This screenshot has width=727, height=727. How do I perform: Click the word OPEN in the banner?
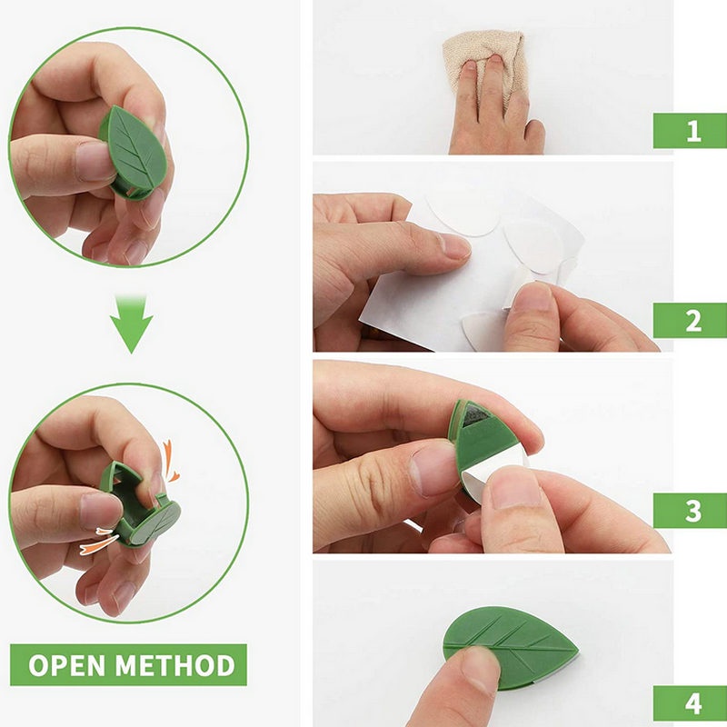[66, 665]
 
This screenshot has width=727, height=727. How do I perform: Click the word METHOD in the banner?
[175, 665]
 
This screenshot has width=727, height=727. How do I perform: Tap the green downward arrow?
[132, 325]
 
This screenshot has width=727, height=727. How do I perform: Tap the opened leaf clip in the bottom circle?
[139, 505]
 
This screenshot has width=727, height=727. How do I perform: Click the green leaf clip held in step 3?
[483, 441]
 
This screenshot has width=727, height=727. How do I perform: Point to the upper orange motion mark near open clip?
[170, 463]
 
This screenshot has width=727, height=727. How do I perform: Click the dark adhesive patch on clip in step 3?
[475, 415]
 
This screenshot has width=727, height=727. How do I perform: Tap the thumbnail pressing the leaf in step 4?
[480, 662]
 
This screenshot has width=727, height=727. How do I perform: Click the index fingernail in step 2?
[453, 245]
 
